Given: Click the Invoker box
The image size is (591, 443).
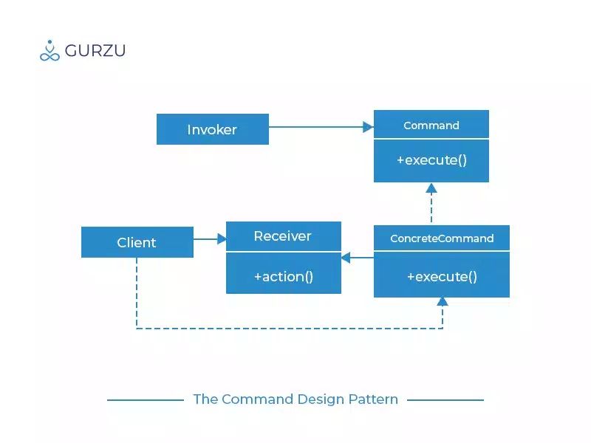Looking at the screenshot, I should [x=213, y=129].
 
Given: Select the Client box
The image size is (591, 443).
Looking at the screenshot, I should [x=137, y=242].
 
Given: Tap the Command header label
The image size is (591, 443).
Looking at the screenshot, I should [x=431, y=126].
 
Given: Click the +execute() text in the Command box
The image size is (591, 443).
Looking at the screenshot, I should [x=431, y=159].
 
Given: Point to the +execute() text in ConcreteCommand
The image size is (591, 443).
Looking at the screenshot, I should [x=442, y=276].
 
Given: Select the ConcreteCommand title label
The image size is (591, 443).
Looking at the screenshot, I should [x=442, y=238].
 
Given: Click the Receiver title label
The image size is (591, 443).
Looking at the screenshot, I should [x=283, y=236].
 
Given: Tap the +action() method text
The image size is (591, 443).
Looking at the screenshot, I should [x=284, y=276].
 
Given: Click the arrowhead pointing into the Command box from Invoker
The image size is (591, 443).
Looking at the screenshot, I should [x=368, y=127].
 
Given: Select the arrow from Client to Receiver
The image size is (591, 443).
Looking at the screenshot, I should [x=209, y=238].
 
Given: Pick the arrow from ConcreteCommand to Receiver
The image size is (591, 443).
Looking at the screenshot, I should [x=358, y=258].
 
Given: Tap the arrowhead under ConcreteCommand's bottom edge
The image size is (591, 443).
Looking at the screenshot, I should [x=443, y=301].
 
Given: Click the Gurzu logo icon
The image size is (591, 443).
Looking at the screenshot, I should [x=49, y=50].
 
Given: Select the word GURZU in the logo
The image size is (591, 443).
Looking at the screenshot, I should [x=95, y=51].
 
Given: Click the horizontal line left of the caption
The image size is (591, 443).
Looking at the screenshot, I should [x=146, y=400].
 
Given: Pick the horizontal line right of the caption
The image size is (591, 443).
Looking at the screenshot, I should [x=445, y=400].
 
